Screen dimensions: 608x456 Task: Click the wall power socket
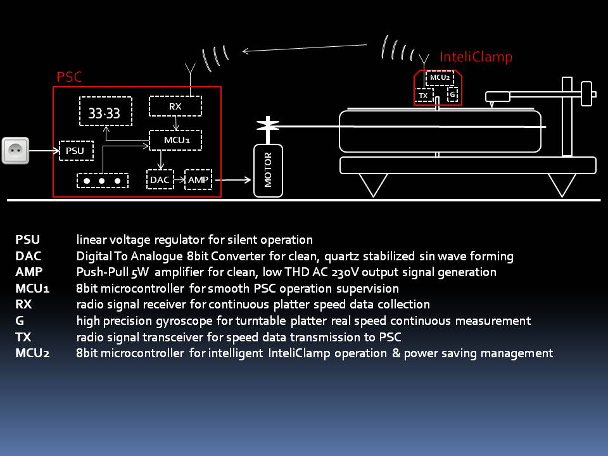pos(15,151)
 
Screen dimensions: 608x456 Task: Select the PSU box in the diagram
pos(77,151)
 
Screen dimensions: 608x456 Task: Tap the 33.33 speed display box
pos(106,111)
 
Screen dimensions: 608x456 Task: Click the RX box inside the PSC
pos(175,106)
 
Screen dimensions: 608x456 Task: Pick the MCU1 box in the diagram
pos(175,140)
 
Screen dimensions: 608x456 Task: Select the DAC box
pos(160,179)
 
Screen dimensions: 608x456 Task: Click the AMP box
pos(198,179)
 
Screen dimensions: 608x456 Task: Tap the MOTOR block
pos(268,170)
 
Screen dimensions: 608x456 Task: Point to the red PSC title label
pos(69,77)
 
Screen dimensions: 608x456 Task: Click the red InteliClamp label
pos(476,57)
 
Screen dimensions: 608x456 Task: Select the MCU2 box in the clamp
pos(440,77)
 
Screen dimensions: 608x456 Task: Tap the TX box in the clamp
pos(424,96)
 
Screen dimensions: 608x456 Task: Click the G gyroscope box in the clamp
pos(452,94)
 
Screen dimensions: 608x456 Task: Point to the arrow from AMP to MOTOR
pos(233,179)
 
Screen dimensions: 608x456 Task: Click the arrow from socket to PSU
pos(44,151)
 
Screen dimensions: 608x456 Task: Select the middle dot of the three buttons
pos(101,180)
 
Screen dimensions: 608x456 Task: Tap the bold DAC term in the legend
pos(28,256)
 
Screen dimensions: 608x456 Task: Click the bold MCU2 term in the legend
pos(32,353)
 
